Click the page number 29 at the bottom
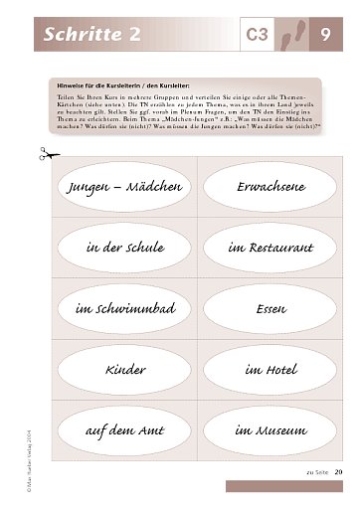[339, 470]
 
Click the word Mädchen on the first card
[151, 186]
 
